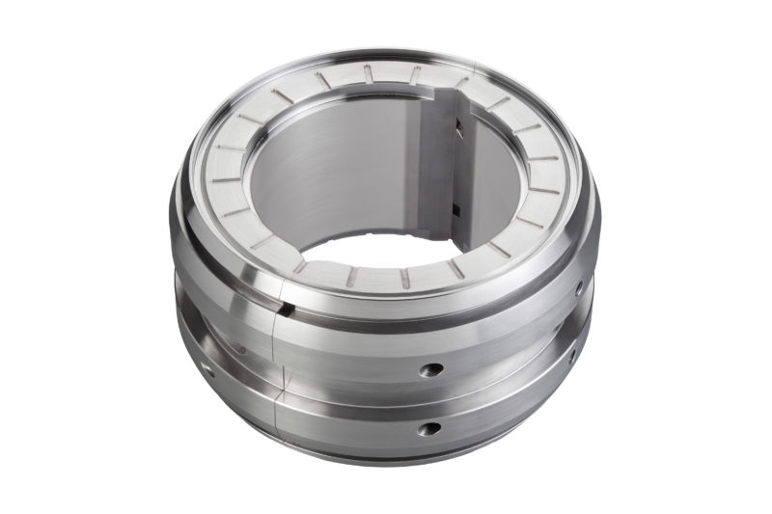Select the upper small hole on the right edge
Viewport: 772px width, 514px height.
(x=579, y=287)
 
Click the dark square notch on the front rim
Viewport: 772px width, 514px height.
(x=286, y=308)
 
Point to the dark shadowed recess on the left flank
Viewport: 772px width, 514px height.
(x=222, y=338)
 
